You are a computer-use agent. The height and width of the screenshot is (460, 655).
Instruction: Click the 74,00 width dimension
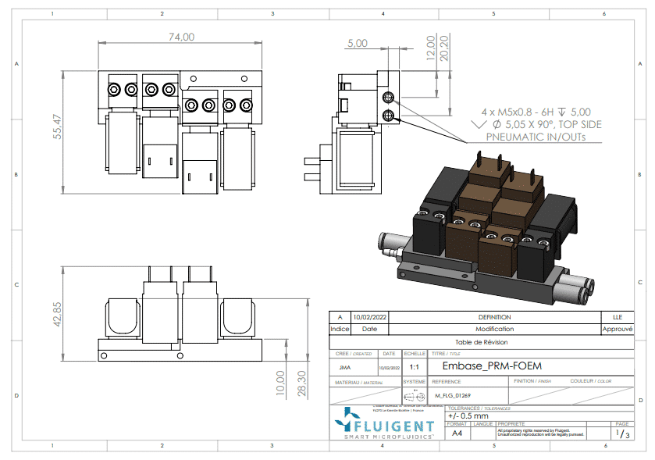(x=181, y=37)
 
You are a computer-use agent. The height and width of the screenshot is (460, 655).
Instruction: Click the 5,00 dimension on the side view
(x=358, y=44)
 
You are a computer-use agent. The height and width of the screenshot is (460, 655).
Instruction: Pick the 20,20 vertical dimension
(x=444, y=48)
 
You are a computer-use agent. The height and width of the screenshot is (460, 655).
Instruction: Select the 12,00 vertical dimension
(x=429, y=48)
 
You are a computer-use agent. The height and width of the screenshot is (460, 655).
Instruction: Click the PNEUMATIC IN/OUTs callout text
(x=536, y=137)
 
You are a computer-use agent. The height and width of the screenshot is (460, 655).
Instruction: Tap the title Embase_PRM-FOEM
(x=491, y=366)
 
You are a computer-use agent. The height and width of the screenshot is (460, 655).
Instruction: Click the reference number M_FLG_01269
(x=453, y=396)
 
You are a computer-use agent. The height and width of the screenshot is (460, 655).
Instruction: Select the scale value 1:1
(x=414, y=366)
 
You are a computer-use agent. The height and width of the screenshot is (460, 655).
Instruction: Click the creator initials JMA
(x=344, y=366)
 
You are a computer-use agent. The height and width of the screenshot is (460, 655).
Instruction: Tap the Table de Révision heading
(x=482, y=342)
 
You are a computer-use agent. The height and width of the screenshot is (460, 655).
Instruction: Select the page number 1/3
(x=621, y=433)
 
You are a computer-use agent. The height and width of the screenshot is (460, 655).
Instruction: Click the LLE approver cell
(x=618, y=317)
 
